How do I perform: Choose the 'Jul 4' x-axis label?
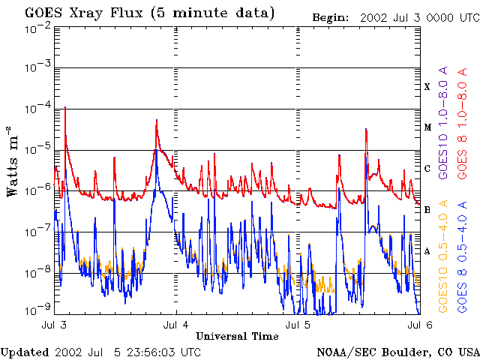pos(176,325)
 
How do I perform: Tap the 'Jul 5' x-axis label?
pos(298,325)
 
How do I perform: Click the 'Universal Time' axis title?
pos(237,336)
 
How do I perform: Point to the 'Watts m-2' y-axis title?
pos(13,161)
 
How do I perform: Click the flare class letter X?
pos(427,87)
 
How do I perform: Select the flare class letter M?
pos(427,127)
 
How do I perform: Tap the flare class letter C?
pos(427,169)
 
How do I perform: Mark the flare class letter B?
pos(427,210)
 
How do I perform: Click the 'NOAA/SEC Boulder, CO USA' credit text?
pos(397,352)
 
